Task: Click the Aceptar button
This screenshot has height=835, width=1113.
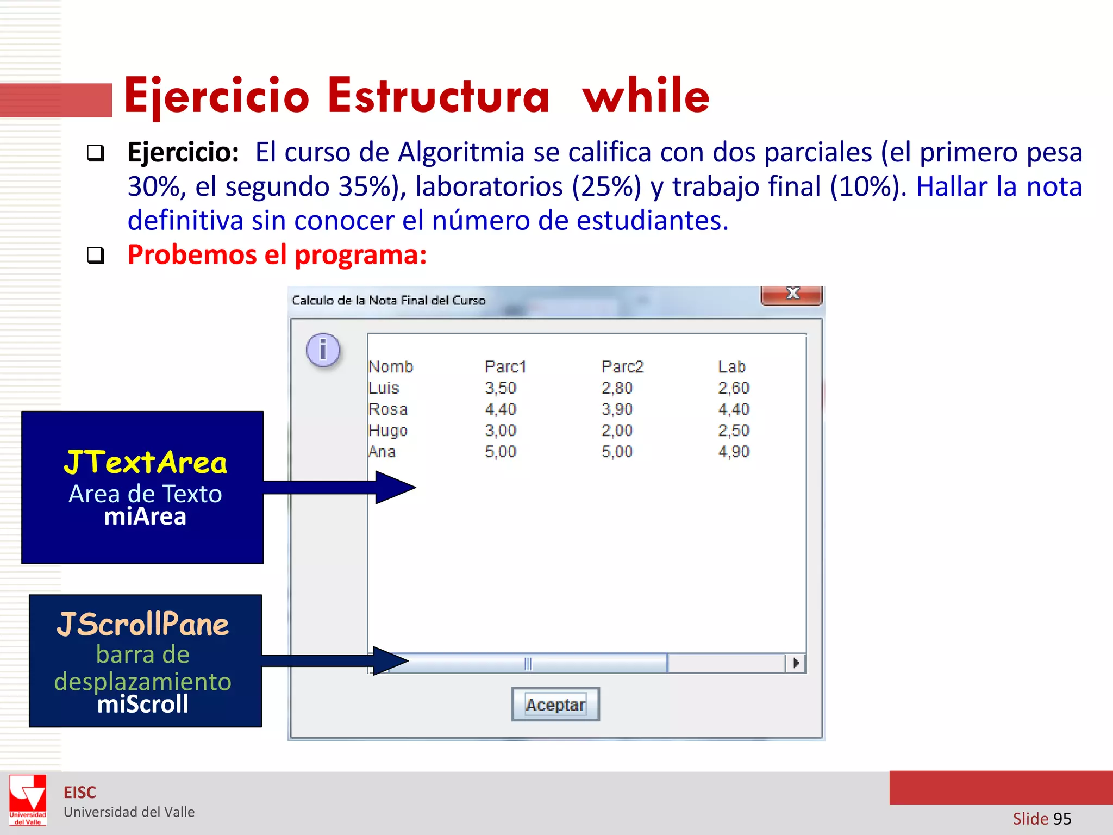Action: (x=555, y=705)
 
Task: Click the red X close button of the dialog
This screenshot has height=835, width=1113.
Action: (x=792, y=295)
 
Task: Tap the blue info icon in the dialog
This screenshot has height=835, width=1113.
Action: (x=323, y=350)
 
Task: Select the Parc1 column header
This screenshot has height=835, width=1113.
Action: (x=505, y=367)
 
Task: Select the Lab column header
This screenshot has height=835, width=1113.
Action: (x=731, y=367)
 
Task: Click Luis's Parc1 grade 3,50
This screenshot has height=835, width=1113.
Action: (x=501, y=388)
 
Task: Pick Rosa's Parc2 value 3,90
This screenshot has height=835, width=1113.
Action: (x=617, y=409)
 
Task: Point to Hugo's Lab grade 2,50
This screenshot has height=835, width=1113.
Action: (x=734, y=431)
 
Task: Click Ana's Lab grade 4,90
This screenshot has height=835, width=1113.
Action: (x=734, y=452)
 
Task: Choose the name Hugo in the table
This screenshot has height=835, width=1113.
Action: (x=387, y=431)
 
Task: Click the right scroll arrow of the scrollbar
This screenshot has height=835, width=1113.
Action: (x=796, y=663)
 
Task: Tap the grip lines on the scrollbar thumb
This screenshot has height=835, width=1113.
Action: (x=528, y=664)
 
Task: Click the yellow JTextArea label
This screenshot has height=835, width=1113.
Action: (x=145, y=463)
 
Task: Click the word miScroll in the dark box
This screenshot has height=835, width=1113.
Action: (x=143, y=705)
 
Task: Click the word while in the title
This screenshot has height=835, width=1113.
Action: (x=646, y=96)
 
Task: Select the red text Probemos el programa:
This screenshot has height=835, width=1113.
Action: (x=277, y=254)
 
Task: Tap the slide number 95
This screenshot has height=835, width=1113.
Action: (x=1062, y=819)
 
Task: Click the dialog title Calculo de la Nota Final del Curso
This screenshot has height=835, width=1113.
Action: (x=389, y=301)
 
